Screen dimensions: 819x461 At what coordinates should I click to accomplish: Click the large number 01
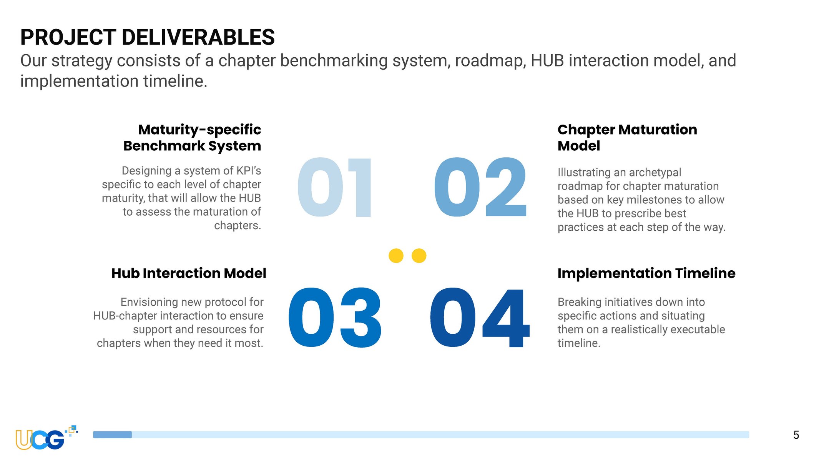pyautogui.click(x=334, y=187)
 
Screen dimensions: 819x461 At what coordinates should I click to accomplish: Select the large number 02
pyautogui.click(x=480, y=187)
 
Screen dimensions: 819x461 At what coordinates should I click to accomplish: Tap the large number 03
pyautogui.click(x=335, y=318)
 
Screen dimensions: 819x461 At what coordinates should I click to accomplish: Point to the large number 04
pyautogui.click(x=480, y=318)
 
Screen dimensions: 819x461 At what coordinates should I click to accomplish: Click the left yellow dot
pyautogui.click(x=396, y=256)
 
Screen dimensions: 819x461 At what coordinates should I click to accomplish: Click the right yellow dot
pyautogui.click(x=419, y=256)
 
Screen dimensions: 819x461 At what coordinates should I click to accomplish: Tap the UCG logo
pyautogui.click(x=46, y=438)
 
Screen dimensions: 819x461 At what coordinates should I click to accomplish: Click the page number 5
pyautogui.click(x=796, y=435)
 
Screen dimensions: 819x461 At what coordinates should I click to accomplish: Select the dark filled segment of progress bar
pyautogui.click(x=112, y=434)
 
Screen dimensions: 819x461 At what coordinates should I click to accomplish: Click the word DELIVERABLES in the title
pyautogui.click(x=198, y=37)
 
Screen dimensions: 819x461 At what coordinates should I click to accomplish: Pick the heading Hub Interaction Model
pyautogui.click(x=189, y=273)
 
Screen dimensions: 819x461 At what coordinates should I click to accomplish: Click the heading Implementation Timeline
pyautogui.click(x=646, y=273)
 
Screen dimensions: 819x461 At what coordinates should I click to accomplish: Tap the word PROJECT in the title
pyautogui.click(x=68, y=37)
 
